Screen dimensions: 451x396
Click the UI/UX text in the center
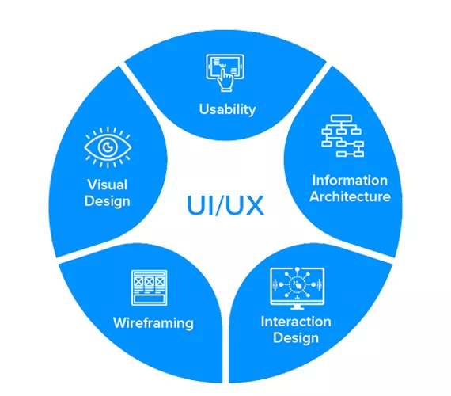pos(225,205)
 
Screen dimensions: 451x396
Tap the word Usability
pos(228,109)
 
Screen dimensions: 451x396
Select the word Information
pos(350,181)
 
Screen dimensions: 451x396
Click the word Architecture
pos(350,196)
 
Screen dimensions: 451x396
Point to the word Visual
pos(108,185)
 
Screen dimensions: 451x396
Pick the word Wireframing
pos(153,323)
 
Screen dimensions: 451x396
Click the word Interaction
pos(296,322)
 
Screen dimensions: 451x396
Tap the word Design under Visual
pos(108,201)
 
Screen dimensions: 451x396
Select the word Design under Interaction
pos(296,338)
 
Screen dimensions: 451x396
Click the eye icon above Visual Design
pos(108,147)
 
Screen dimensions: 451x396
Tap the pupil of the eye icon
pos(108,147)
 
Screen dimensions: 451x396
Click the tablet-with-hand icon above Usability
pos(225,73)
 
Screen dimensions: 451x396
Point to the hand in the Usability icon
pos(225,80)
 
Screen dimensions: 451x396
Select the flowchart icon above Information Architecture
pos(343,135)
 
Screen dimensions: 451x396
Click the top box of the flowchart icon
pos(341,118)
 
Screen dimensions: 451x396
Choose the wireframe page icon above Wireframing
pos(149,287)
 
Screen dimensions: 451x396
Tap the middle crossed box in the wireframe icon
pos(149,281)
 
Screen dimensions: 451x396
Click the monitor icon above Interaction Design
pos(298,288)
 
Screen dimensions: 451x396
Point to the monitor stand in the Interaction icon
pos(298,307)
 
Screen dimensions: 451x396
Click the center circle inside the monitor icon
pos(298,284)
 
